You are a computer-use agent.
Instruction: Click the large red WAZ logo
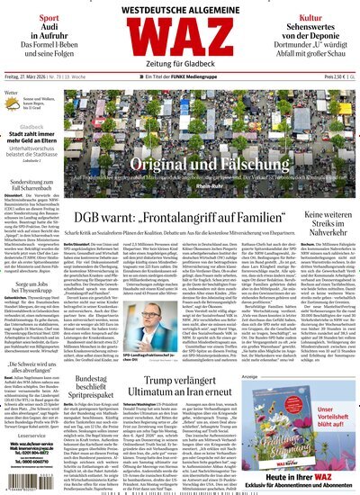180,41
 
